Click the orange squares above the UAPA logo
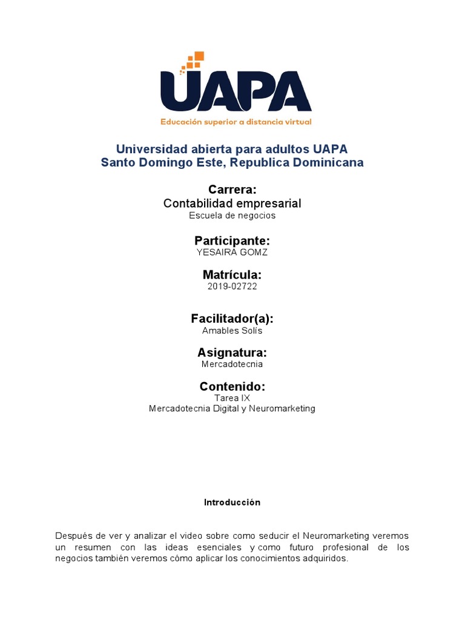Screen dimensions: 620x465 point(193,61)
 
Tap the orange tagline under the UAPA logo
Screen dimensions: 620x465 point(236,122)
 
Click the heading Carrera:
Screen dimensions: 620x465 point(232,190)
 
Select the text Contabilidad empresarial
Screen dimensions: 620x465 point(232,203)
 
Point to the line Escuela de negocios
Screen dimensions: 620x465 point(232,215)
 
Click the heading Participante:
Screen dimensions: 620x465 point(232,240)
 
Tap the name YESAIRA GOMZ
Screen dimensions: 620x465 point(232,252)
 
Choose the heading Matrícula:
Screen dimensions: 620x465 point(232,275)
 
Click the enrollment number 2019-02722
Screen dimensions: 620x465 point(232,286)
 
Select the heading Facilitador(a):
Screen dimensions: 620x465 point(232,318)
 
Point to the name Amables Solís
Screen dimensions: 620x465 point(232,331)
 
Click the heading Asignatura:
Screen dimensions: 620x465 point(232,352)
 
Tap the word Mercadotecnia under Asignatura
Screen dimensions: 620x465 point(232,364)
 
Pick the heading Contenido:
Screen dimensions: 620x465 point(232,386)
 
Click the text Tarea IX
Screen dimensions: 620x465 point(232,398)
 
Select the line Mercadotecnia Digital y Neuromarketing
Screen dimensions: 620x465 point(232,409)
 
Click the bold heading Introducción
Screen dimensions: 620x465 point(232,503)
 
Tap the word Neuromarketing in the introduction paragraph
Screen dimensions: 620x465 point(334,536)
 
